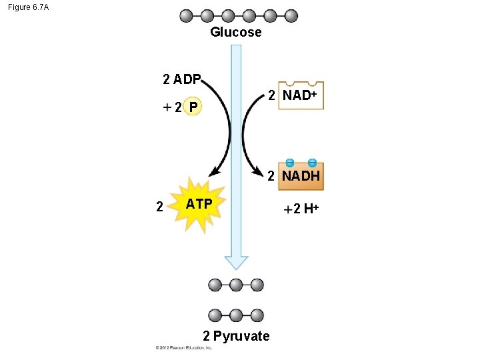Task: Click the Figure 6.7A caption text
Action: pyautogui.click(x=28, y=7)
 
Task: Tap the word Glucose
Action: pyautogui.click(x=236, y=32)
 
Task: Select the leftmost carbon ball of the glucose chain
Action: pyautogui.click(x=186, y=15)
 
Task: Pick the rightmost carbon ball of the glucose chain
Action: pyautogui.click(x=291, y=15)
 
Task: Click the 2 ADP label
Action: pyautogui.click(x=182, y=80)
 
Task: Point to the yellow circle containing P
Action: pyautogui.click(x=192, y=107)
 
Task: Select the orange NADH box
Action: pyautogui.click(x=301, y=176)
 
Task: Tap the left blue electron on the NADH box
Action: pyautogui.click(x=290, y=162)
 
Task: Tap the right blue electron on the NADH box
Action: pyautogui.click(x=312, y=162)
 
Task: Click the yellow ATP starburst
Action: pyautogui.click(x=199, y=204)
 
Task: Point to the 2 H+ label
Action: pyautogui.click(x=302, y=209)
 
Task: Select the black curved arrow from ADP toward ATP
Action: pyautogui.click(x=227, y=127)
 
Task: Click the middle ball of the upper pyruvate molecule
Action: pyautogui.click(x=236, y=285)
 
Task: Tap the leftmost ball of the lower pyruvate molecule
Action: pyautogui.click(x=215, y=315)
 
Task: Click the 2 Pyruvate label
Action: pyautogui.click(x=236, y=336)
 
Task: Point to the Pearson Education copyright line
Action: pyautogui.click(x=184, y=348)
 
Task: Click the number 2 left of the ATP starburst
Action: pyautogui.click(x=159, y=206)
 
